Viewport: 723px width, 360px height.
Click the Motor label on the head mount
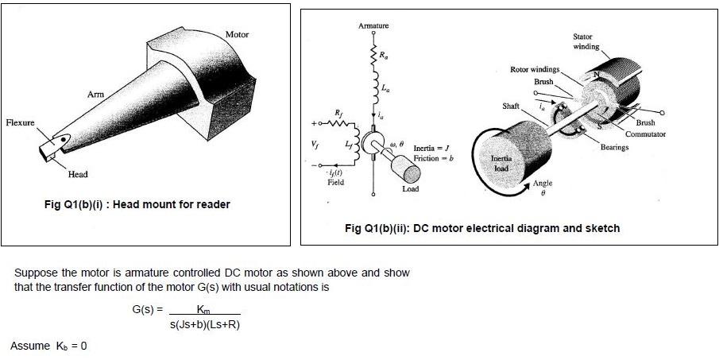[237, 35]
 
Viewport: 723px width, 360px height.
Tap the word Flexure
[20, 123]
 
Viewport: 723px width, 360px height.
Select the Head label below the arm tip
[78, 174]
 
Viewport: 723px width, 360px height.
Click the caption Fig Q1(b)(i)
[137, 204]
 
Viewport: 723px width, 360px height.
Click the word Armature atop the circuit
[373, 27]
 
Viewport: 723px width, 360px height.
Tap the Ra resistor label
[385, 55]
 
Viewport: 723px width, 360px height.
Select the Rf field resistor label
[340, 112]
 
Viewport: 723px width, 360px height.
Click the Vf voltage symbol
[321, 145]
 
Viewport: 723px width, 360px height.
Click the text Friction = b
[433, 159]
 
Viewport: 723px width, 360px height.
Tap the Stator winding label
[586, 41]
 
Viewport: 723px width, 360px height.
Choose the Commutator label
[645, 134]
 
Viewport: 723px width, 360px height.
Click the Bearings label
[614, 147]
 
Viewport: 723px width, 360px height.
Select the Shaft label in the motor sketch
[510, 106]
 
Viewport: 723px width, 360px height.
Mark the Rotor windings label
[535, 70]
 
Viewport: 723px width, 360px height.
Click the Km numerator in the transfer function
[203, 308]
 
